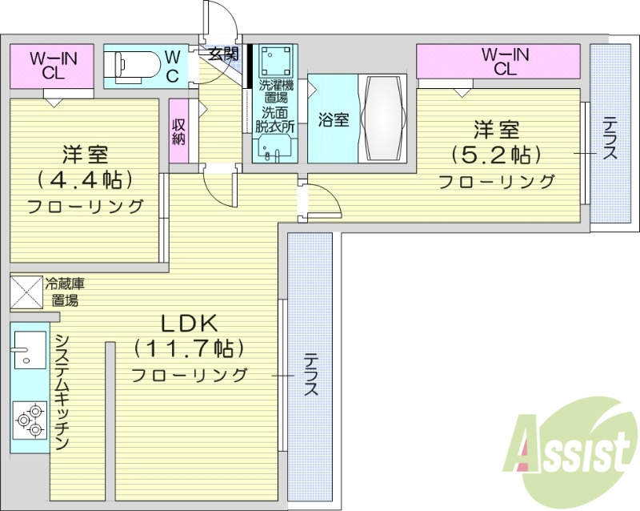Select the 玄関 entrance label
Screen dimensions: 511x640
(x=223, y=54)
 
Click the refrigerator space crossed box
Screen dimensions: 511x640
(x=26, y=292)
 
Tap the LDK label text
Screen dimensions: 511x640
(x=190, y=324)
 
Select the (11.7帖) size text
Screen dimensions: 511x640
(x=190, y=348)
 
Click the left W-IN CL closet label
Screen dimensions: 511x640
(x=53, y=64)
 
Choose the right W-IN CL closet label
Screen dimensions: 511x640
(x=504, y=61)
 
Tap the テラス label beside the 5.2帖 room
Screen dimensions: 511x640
(x=610, y=139)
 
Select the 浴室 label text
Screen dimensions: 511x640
(x=334, y=121)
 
